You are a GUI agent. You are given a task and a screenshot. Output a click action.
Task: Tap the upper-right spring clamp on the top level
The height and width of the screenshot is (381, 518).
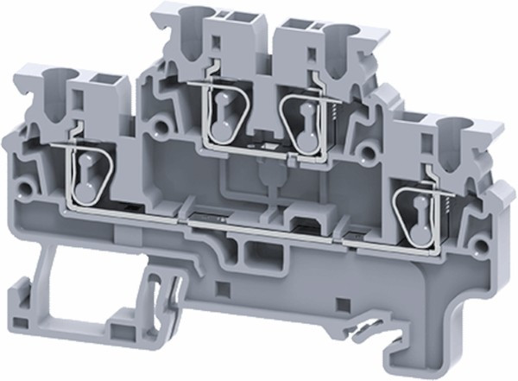coord(302,122)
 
